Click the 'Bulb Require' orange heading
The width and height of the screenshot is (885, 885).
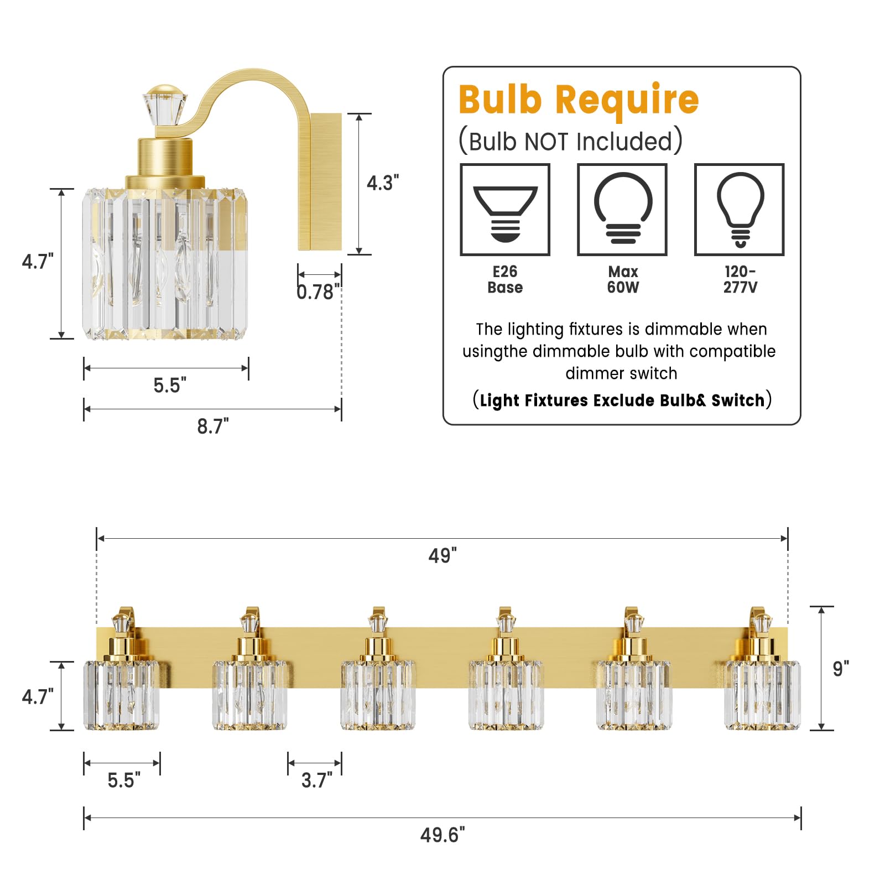(579, 100)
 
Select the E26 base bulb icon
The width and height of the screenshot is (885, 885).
(505, 210)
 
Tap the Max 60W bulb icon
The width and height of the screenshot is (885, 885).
(622, 210)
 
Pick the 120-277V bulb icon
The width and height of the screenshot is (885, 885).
(740, 210)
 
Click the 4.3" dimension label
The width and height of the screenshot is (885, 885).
(382, 183)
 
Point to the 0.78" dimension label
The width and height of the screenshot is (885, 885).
(318, 291)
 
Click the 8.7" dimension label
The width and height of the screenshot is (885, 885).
(213, 426)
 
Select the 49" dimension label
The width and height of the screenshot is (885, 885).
(442, 555)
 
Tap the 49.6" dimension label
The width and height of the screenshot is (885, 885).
(442, 835)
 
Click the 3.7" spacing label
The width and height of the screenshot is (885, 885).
(316, 780)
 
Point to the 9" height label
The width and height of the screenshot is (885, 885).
(841, 669)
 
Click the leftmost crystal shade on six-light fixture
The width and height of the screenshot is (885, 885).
(121, 695)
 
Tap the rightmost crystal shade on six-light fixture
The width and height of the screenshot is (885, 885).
(762, 695)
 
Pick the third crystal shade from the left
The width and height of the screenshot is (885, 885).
(378, 695)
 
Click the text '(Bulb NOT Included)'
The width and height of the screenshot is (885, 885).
(570, 142)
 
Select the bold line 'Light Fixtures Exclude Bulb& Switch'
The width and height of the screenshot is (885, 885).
(622, 400)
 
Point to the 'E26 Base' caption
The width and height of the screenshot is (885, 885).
(505, 279)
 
